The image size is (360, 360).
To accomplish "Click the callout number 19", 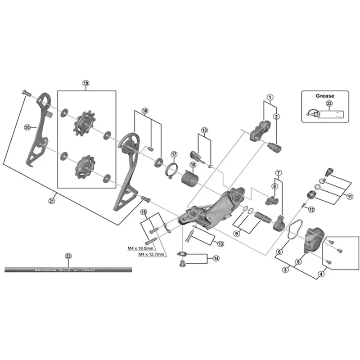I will coord(86,83).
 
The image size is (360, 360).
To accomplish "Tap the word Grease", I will coord(325,95).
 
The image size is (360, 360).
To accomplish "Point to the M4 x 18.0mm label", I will coord(141,248).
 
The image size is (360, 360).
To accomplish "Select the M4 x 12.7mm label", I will coord(151,254).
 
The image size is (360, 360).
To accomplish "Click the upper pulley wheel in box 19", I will coord(84,122).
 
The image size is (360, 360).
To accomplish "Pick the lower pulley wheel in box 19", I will coord(84,165).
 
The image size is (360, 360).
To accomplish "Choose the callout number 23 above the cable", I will coord(68,256).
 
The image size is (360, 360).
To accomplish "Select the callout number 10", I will coord(205,130).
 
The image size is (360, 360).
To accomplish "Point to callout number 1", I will coord(270,97).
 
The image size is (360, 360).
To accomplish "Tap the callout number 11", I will coord(350,196).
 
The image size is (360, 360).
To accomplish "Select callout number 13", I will coord(220,243).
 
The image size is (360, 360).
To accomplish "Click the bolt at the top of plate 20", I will coord(26,93).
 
